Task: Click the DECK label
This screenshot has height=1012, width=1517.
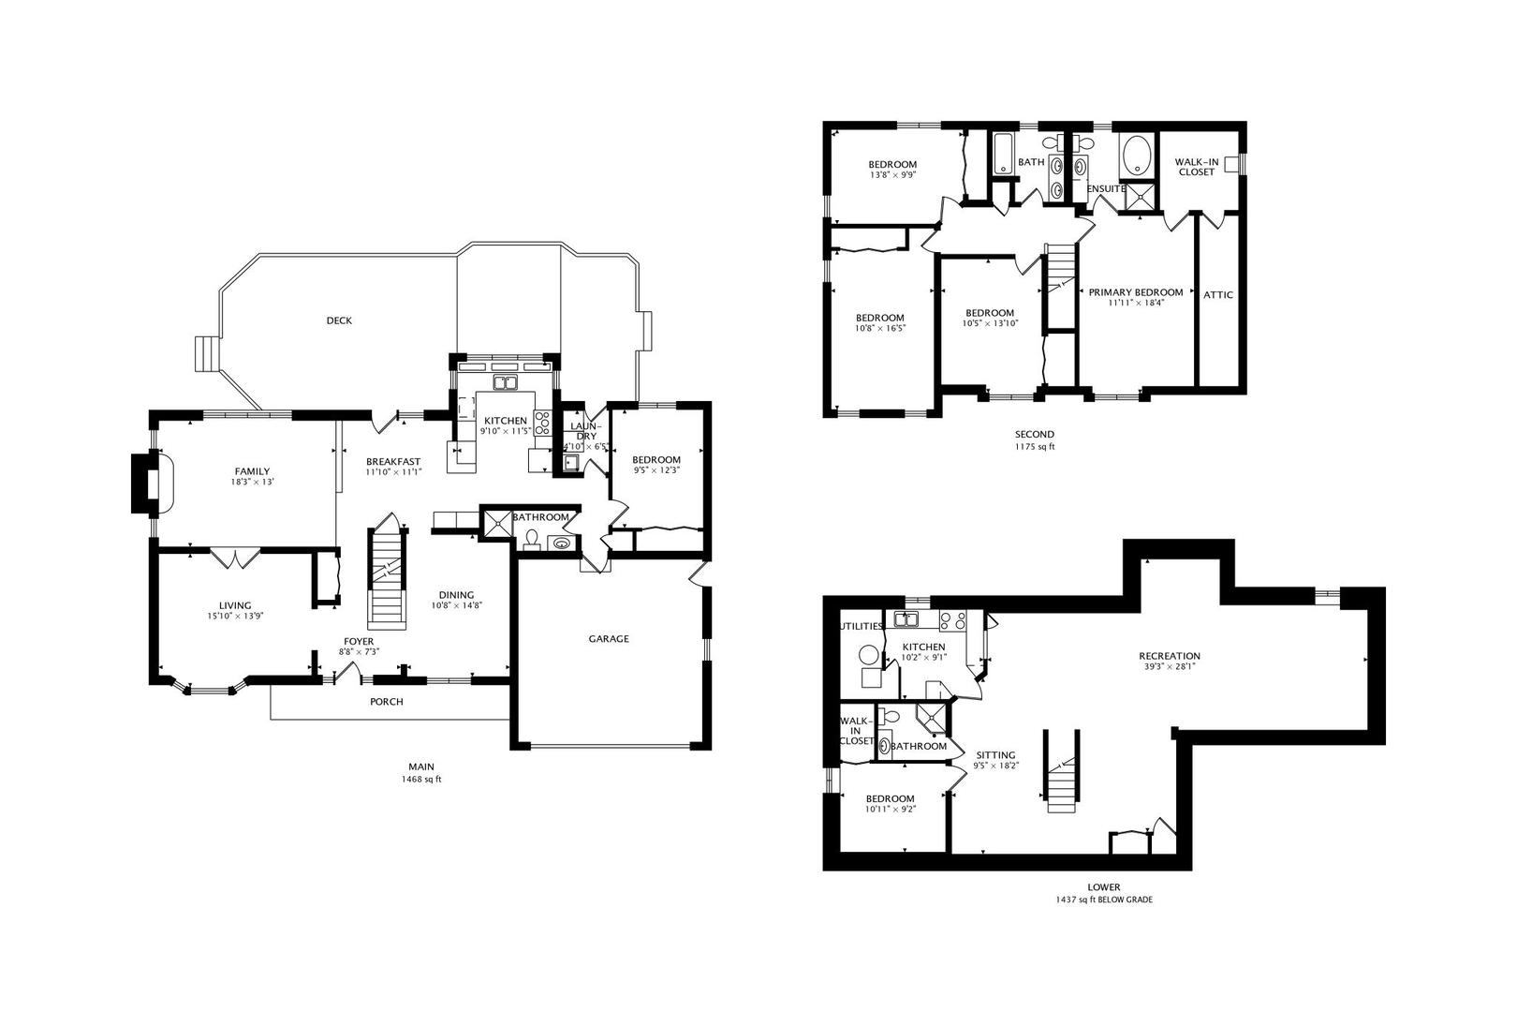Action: click(x=339, y=320)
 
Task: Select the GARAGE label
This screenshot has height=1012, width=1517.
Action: click(x=609, y=639)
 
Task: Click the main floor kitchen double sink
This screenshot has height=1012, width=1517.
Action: click(x=506, y=382)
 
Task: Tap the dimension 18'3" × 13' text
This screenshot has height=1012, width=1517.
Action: click(x=252, y=483)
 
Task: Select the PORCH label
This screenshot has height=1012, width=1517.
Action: click(x=387, y=702)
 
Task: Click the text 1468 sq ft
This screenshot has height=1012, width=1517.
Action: click(x=420, y=780)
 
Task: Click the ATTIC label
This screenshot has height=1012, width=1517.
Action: click(x=1218, y=295)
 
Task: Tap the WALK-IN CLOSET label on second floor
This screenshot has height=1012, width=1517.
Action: click(x=1196, y=167)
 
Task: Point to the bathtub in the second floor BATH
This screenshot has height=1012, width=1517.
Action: click(x=1003, y=155)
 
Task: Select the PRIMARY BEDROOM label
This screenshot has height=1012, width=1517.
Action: click(x=1135, y=292)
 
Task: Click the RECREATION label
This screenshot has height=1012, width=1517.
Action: click(x=1170, y=656)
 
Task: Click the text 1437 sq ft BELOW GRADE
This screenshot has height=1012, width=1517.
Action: click(x=1103, y=900)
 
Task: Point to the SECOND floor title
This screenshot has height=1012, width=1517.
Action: click(x=1034, y=434)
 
